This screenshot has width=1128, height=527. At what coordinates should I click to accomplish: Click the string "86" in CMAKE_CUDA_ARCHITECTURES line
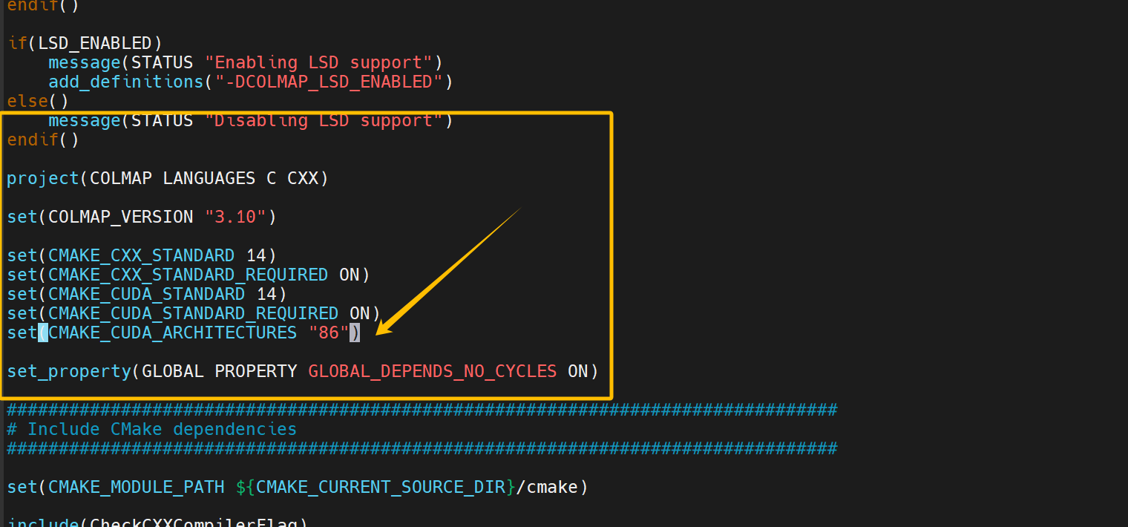pyautogui.click(x=329, y=333)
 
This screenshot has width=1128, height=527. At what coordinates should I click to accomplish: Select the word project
pyautogui.click(x=43, y=178)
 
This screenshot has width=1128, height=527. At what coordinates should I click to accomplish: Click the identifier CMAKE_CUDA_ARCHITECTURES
pyautogui.click(x=173, y=333)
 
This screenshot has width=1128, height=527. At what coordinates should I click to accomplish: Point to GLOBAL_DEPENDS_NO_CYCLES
pyautogui.click(x=433, y=371)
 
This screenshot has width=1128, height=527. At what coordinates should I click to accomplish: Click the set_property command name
pyautogui.click(x=69, y=371)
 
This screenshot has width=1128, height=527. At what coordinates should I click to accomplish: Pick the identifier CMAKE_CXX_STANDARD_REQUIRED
pyautogui.click(x=188, y=275)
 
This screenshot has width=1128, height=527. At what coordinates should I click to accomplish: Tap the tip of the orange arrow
pyautogui.click(x=378, y=334)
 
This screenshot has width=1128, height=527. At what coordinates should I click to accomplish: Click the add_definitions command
pyautogui.click(x=125, y=82)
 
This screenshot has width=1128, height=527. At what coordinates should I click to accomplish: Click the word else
pyautogui.click(x=27, y=101)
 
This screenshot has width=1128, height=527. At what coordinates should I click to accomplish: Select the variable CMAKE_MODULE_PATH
pyautogui.click(x=136, y=487)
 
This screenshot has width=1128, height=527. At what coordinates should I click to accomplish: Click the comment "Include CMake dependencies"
pyautogui.click(x=162, y=429)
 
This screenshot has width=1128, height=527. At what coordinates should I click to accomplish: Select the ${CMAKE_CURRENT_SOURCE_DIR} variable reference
pyautogui.click(x=376, y=487)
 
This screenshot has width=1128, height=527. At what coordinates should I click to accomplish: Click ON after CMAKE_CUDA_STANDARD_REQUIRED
pyautogui.click(x=360, y=313)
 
